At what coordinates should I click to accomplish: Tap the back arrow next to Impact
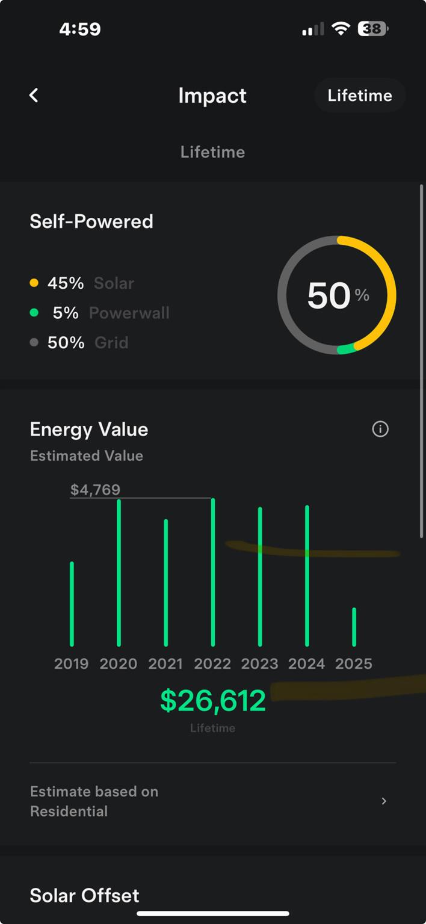pos(34,95)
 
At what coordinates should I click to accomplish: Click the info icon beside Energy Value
pos(380,429)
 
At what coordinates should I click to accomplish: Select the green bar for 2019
pos(72,603)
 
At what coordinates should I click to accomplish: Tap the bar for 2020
pos(119,572)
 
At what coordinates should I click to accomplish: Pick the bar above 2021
pos(166,582)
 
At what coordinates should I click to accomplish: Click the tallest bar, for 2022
pos(213,571)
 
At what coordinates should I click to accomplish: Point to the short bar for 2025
pos(354,627)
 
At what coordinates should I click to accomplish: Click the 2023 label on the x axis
pos(259,664)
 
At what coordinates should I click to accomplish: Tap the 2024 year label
pos(307,664)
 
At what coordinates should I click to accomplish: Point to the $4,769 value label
pos(95,490)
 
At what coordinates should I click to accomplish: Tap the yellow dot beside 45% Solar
pos(34,283)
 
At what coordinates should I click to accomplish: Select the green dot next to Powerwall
pos(34,313)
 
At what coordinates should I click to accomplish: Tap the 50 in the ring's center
pos(329,295)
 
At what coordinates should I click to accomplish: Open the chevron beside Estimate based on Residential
pos(384,801)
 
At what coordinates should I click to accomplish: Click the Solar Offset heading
pos(84,895)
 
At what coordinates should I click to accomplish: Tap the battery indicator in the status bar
pos(373,29)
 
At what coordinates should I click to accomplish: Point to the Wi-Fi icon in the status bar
pos(341,29)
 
